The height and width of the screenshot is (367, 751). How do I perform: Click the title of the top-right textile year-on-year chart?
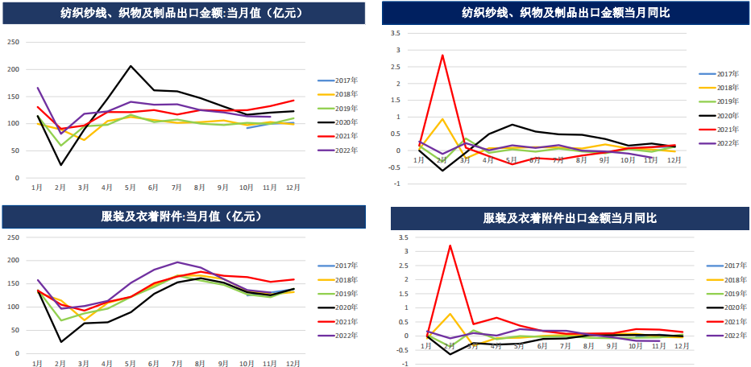(x=566, y=13)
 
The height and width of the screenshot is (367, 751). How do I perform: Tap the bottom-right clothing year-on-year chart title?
(x=570, y=218)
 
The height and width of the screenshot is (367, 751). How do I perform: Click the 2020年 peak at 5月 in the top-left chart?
(x=131, y=66)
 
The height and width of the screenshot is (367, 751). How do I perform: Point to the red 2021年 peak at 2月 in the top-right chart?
(x=442, y=56)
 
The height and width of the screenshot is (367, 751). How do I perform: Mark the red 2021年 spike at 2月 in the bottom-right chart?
(x=450, y=245)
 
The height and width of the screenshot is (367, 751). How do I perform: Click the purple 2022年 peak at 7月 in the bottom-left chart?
(x=176, y=262)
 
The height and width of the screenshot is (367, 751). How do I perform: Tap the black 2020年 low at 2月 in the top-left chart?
(x=61, y=165)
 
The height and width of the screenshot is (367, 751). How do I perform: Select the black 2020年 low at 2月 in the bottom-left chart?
(x=61, y=342)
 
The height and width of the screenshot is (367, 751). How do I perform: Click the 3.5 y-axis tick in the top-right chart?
(x=395, y=33)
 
